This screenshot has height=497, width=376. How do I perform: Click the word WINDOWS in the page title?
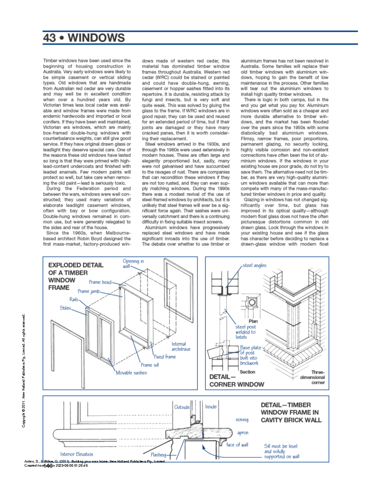(96, 38)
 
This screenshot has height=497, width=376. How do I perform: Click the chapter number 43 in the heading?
(50, 38)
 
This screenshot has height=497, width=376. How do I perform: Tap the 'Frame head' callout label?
(100, 282)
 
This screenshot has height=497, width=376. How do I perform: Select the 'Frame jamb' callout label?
(89, 291)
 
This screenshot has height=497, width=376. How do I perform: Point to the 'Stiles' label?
(65, 308)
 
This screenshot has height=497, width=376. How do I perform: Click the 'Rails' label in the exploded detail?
(74, 299)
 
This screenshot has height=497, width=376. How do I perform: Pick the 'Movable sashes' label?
(131, 373)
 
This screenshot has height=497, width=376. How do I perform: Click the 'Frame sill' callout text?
(149, 365)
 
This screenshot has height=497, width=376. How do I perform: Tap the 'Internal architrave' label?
(181, 346)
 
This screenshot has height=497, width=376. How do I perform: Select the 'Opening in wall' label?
(133, 263)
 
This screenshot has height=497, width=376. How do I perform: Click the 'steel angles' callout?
(254, 265)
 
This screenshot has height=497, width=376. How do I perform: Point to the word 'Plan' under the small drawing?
(253, 321)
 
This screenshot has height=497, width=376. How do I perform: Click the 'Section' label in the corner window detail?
(247, 372)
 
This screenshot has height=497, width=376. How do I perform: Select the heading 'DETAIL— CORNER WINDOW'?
(237, 380)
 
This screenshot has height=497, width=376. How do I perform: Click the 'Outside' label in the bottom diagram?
(182, 407)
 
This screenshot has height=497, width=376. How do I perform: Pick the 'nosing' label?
(242, 420)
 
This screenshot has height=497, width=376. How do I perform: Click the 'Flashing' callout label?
(158, 454)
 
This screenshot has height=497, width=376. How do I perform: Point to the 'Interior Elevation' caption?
(76, 454)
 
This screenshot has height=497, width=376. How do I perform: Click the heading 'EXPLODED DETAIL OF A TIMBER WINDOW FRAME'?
(76, 276)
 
